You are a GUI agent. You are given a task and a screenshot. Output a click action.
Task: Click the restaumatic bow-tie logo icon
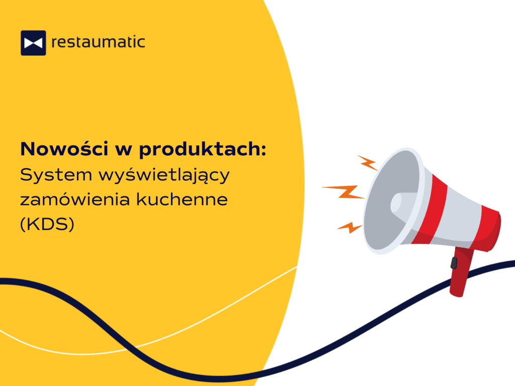[x=33, y=43]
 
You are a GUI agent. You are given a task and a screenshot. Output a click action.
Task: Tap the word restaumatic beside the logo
[x=98, y=42]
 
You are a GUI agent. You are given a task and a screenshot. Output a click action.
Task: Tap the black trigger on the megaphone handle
[x=454, y=262]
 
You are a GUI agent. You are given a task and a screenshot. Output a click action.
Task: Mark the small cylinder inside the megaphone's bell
[x=397, y=202]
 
